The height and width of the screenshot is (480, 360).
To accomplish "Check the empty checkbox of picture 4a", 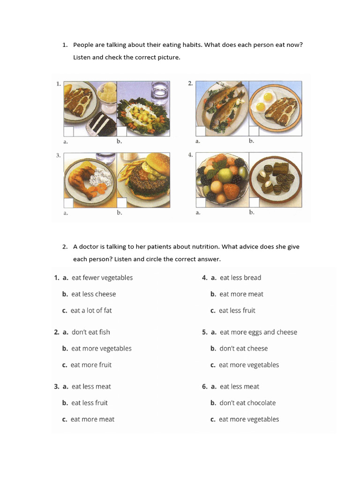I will coord(200,202).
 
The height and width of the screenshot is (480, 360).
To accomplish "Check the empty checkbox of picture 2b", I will coord(254,131).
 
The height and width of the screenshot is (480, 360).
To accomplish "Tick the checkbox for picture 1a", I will coord(68,131).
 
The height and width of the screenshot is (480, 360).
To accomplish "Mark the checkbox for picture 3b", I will coord(121,202).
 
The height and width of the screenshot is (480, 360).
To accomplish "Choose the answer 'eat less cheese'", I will coord(93,294).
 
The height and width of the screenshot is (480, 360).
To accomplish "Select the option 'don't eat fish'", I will coord(90,332).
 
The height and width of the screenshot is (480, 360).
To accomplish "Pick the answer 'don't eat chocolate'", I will coord(247,403).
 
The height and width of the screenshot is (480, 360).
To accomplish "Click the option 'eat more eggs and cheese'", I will coord(258,332).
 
